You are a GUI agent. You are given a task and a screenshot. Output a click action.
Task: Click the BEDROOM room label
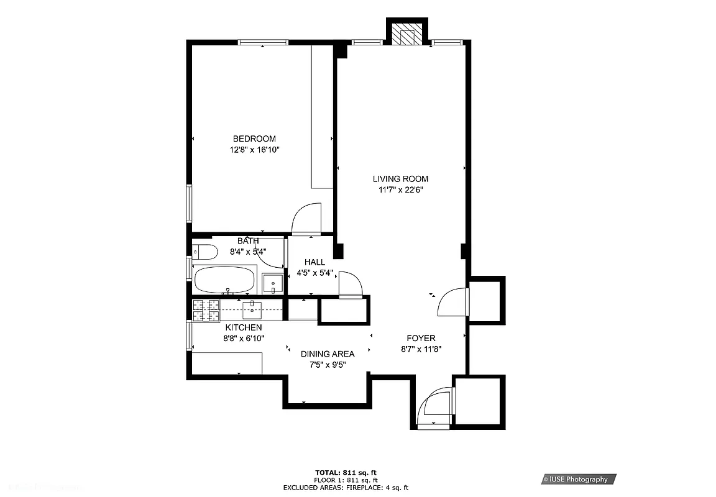click(254, 139)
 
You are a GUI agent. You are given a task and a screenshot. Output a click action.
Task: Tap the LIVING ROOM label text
click(400, 179)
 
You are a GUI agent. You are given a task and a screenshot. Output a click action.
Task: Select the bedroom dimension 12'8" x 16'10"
click(254, 150)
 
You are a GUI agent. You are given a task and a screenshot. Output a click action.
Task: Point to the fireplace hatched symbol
click(408, 35)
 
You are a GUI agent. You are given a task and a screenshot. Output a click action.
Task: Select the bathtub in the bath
click(224, 280)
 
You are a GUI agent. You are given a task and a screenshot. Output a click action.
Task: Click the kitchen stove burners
click(206, 310)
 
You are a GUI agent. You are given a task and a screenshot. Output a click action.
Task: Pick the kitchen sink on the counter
click(253, 308)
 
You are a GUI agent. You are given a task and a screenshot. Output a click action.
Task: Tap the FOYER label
click(421, 338)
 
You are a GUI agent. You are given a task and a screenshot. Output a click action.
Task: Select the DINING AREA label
click(328, 354)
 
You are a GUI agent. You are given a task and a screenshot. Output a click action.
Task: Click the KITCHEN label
click(244, 327)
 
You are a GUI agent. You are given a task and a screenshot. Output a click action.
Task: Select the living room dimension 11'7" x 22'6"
click(400, 190)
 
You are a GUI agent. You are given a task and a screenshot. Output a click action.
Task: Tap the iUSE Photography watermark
click(578, 479)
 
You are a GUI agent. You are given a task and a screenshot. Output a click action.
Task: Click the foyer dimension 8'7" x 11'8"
click(421, 349)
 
